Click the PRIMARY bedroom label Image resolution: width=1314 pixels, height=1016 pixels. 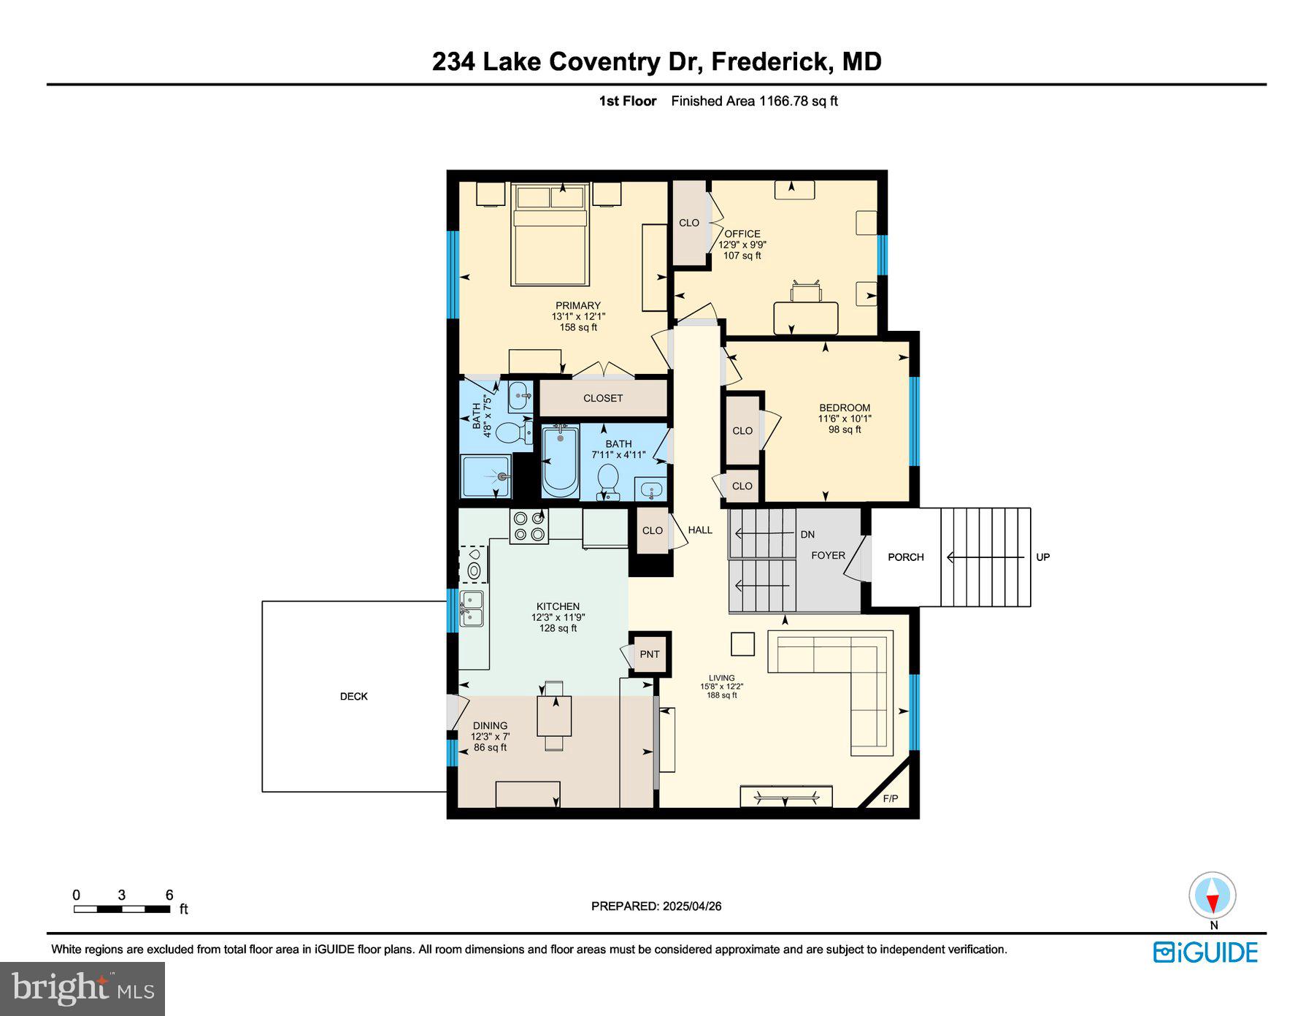(x=577, y=306)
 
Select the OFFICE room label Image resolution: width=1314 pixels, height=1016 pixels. (x=742, y=234)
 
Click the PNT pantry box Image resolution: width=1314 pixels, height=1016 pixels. (x=649, y=654)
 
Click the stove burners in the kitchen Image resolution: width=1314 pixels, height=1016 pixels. (x=529, y=527)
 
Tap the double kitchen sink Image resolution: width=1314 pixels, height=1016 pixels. (x=472, y=609)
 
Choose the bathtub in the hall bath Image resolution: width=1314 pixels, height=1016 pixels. (x=560, y=462)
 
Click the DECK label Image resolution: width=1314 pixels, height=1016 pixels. (x=353, y=696)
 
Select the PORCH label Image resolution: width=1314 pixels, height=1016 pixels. (x=905, y=557)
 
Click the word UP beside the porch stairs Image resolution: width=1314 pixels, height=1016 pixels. (x=1042, y=557)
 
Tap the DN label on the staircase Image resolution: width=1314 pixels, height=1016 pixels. (x=807, y=535)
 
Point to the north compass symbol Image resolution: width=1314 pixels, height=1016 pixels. (x=1212, y=896)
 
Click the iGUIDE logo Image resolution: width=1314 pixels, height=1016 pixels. (x=1205, y=952)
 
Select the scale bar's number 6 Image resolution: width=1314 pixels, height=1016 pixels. (x=169, y=895)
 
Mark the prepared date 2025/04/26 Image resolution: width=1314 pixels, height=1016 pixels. (x=691, y=906)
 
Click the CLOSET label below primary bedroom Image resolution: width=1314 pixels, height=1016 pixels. (x=603, y=398)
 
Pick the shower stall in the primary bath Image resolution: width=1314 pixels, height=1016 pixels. (x=485, y=475)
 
